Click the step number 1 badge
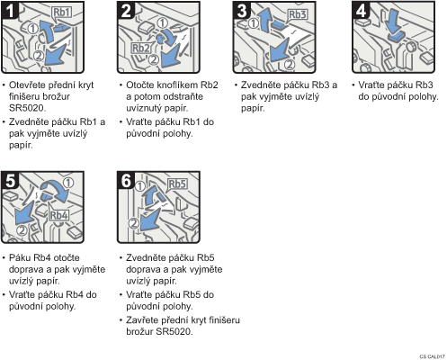10,11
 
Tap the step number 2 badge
126,11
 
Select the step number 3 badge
242,11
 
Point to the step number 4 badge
361,11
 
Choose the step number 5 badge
10,181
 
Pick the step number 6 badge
126,181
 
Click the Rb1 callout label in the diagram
62,13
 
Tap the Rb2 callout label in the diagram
141,48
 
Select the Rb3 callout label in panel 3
298,14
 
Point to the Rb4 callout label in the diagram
58,215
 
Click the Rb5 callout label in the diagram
177,184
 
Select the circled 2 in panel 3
290,64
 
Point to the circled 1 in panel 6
140,186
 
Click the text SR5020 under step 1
27,108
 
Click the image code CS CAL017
432,356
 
